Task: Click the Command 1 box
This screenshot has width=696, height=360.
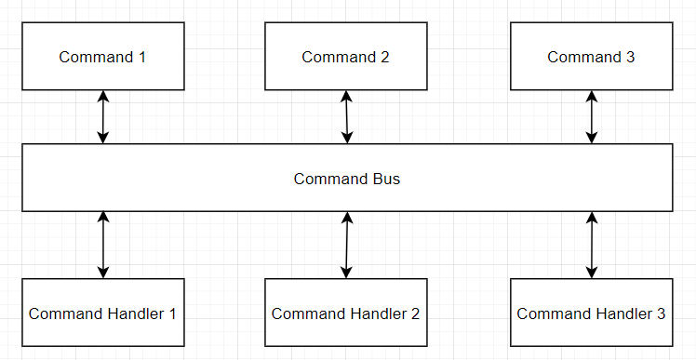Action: click(102, 57)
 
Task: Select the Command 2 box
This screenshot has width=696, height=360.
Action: click(345, 57)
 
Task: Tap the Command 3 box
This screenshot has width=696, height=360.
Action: click(591, 57)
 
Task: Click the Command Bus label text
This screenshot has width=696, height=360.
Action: click(346, 178)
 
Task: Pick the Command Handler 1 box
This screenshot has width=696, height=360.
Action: click(102, 313)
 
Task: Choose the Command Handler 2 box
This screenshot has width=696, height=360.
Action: click(345, 313)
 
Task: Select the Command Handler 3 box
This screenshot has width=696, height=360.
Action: click(591, 313)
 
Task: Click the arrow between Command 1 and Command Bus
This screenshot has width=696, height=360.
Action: click(103, 117)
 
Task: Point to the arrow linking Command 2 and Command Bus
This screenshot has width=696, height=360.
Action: click(346, 117)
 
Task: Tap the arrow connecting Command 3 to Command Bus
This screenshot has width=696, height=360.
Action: click(591, 117)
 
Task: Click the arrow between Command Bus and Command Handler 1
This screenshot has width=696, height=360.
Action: click(103, 245)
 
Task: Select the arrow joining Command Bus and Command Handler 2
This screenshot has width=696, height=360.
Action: click(346, 245)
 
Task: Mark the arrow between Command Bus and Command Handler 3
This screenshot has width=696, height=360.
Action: click(591, 245)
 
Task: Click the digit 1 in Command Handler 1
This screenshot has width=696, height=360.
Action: click(172, 313)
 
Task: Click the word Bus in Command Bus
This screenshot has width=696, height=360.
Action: click(386, 178)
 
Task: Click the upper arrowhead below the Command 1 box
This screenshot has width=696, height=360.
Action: click(103, 96)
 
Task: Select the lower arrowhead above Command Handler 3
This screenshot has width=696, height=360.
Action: click(591, 273)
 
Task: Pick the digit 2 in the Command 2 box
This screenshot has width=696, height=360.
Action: click(384, 57)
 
